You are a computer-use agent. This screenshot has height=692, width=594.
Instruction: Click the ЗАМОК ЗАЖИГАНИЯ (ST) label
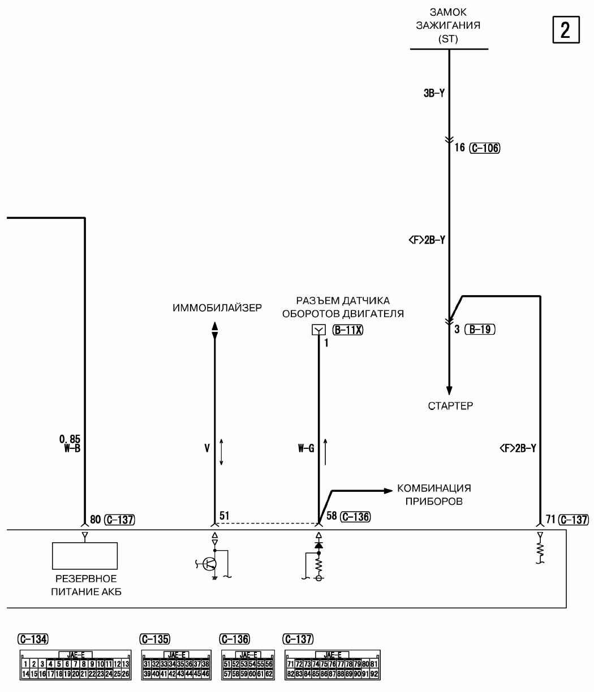tap(449, 26)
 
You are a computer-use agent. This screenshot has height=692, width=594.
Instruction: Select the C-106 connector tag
tap(485, 148)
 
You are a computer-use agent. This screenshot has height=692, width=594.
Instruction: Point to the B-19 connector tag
tap(479, 330)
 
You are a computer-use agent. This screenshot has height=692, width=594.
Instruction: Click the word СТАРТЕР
tap(450, 406)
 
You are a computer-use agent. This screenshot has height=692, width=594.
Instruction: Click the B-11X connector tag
tap(348, 330)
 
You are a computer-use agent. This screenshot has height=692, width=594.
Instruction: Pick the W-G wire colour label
tap(306, 448)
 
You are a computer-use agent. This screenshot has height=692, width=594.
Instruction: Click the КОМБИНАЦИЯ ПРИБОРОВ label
tap(434, 494)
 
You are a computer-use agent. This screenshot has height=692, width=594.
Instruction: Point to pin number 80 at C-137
tap(95, 519)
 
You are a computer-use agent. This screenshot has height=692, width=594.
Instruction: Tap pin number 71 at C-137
tap(550, 519)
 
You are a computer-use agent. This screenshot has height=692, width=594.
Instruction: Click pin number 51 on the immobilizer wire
tap(225, 516)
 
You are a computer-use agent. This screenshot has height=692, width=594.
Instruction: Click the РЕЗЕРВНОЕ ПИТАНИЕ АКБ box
tap(85, 555)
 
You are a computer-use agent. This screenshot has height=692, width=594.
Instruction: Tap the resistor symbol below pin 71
tap(540, 550)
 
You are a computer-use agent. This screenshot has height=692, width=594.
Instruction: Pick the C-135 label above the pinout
tap(154, 638)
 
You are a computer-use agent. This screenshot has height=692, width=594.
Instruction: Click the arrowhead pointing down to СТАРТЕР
tap(449, 391)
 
